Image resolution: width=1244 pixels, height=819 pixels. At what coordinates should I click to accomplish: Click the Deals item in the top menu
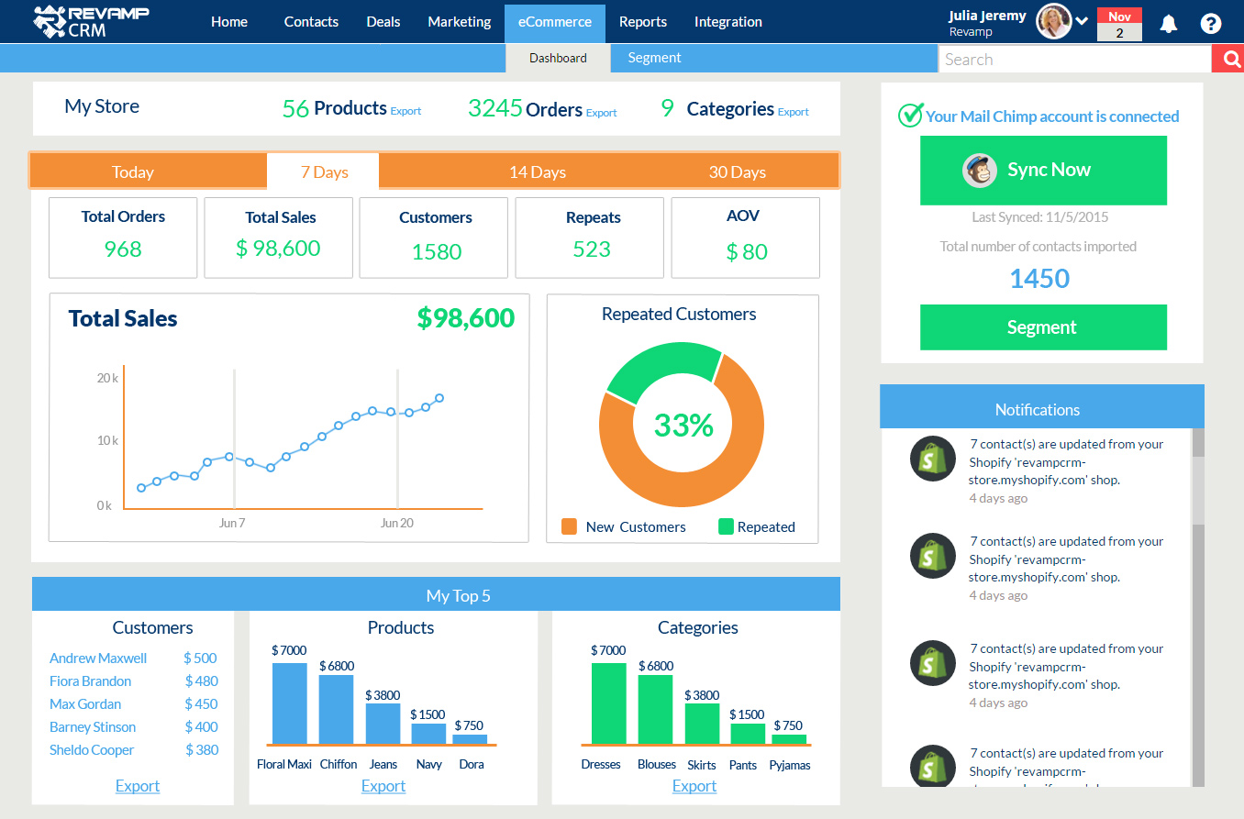pyautogui.click(x=383, y=22)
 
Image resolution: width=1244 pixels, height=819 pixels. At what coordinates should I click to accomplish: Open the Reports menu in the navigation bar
pyautogui.click(x=642, y=22)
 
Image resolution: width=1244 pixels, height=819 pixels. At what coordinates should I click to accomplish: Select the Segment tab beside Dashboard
pyautogui.click(x=654, y=58)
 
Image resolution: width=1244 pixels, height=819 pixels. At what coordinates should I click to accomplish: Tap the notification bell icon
pyautogui.click(x=1168, y=24)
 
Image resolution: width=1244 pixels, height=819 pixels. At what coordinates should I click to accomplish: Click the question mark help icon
pyautogui.click(x=1211, y=24)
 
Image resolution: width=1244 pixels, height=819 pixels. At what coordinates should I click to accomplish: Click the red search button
pyautogui.click(x=1227, y=60)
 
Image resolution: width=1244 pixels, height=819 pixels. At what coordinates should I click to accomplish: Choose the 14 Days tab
pyautogui.click(x=538, y=172)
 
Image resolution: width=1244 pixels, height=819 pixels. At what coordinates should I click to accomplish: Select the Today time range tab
pyautogui.click(x=133, y=172)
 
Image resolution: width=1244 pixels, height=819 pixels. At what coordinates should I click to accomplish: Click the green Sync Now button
pyautogui.click(x=1043, y=171)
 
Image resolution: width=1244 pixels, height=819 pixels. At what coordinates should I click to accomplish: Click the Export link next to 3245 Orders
pyautogui.click(x=602, y=113)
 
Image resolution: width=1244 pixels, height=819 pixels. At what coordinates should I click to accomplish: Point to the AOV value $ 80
pyautogui.click(x=746, y=252)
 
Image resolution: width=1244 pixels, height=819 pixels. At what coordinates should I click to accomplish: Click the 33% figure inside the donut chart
pyautogui.click(x=683, y=425)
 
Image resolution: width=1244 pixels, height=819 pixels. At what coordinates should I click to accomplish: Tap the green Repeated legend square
pyautogui.click(x=726, y=526)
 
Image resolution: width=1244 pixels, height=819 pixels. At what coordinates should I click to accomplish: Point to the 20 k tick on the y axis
pyautogui.click(x=106, y=378)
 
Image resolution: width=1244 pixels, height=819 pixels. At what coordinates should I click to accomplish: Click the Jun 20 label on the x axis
pyautogui.click(x=396, y=523)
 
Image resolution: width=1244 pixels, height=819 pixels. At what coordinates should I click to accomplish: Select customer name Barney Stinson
pyautogui.click(x=93, y=727)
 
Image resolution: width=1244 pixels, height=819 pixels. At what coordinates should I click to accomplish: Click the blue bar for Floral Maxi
pyautogui.click(x=290, y=703)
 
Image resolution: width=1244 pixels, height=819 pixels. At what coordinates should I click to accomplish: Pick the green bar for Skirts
pyautogui.click(x=702, y=724)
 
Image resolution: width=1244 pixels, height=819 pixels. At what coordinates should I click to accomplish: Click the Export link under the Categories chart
pyautogui.click(x=694, y=786)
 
